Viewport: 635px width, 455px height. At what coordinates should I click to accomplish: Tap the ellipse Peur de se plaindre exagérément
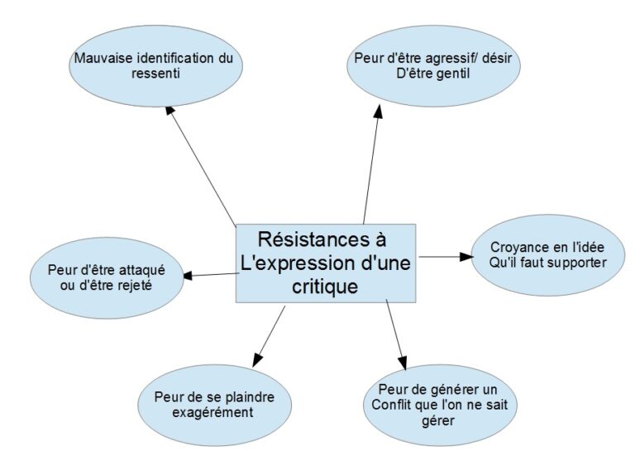click(214, 404)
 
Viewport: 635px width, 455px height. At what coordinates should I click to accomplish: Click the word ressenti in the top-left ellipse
click(154, 74)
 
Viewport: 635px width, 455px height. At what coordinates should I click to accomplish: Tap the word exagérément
click(214, 412)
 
